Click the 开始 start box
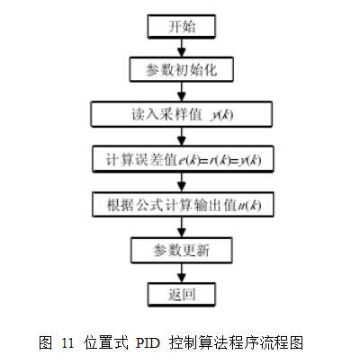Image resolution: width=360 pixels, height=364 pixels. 182,26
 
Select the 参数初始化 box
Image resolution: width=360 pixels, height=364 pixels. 182,69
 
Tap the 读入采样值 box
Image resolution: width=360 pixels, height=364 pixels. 182,114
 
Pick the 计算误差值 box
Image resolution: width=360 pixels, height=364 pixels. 183,159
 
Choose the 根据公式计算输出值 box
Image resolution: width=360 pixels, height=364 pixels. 183,205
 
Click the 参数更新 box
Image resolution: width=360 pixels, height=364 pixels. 182,250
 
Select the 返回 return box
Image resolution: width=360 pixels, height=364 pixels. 182,295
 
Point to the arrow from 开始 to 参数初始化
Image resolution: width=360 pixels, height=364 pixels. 182,48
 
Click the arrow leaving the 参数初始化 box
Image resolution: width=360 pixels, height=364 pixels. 182,92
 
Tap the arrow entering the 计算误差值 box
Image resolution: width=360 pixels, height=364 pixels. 182,137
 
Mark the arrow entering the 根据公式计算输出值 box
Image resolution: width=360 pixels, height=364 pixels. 182,182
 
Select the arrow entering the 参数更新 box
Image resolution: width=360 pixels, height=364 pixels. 182,227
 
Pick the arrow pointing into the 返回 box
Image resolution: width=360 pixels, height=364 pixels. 182,273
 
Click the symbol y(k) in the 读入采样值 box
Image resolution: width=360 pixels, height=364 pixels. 222,115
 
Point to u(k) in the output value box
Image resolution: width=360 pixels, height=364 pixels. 249,206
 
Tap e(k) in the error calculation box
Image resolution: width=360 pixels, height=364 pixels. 189,160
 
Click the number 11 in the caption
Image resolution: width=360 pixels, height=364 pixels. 67,342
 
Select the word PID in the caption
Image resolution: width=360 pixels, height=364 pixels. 148,342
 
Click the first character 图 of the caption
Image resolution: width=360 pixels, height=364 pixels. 46,342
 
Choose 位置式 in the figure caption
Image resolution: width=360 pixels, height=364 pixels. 106,342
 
